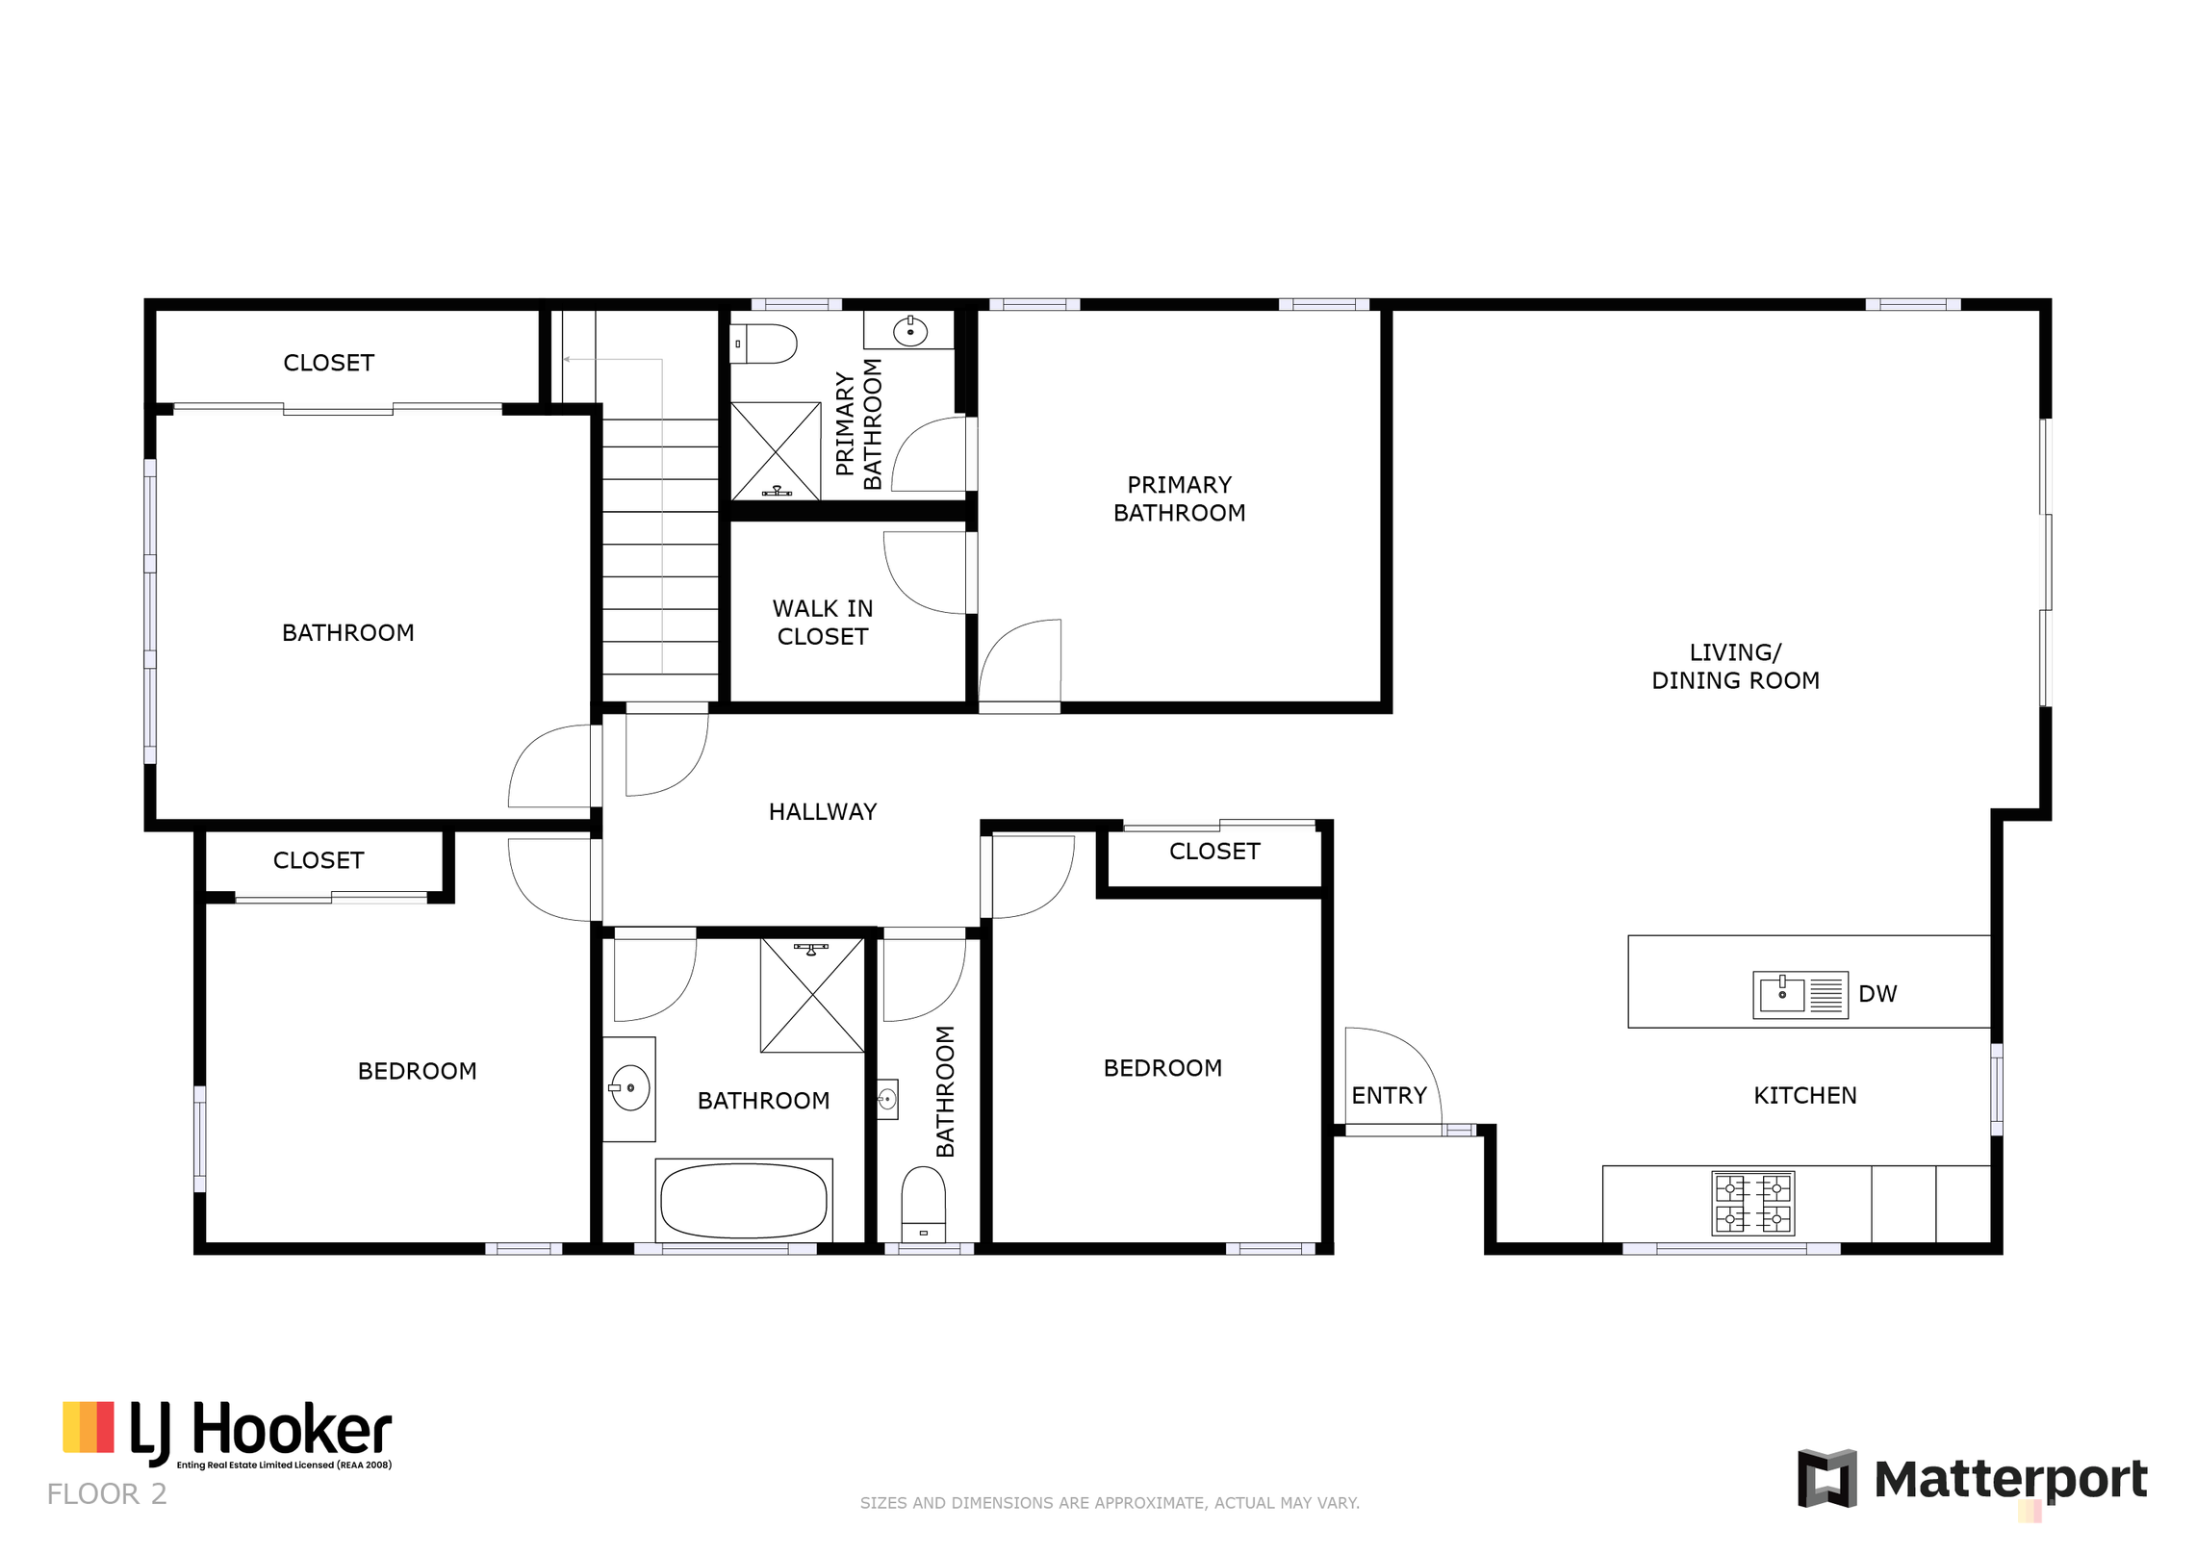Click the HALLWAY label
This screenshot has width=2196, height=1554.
click(822, 812)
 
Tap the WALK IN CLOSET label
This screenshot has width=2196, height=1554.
click(823, 623)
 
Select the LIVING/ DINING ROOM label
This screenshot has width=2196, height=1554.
click(1735, 666)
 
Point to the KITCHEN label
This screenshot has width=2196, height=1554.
click(1804, 1095)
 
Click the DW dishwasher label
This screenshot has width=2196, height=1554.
click(1877, 994)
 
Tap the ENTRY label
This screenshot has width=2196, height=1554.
click(1389, 1095)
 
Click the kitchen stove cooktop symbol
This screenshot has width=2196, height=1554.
click(1753, 1203)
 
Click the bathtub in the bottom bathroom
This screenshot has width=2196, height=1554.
click(744, 1200)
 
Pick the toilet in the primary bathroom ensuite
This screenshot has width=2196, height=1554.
click(763, 344)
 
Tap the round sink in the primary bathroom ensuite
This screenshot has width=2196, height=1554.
click(909, 331)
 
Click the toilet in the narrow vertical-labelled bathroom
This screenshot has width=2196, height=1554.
click(923, 1204)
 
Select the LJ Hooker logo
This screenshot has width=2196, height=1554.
click(227, 1434)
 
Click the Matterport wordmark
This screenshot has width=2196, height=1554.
click(2010, 1479)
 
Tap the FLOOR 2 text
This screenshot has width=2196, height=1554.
click(107, 1494)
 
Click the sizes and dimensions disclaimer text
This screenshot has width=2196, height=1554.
click(1110, 1503)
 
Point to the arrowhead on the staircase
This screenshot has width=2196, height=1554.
click(568, 359)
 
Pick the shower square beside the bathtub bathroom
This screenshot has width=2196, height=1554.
click(812, 995)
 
